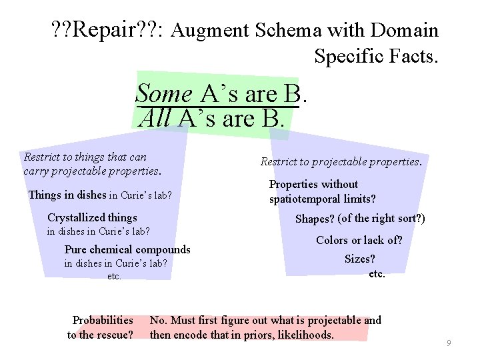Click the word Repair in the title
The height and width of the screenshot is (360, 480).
tap(101, 30)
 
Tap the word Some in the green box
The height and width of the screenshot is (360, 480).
tap(164, 94)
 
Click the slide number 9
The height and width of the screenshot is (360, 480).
tap(449, 343)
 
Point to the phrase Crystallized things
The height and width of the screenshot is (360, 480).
tap(92, 217)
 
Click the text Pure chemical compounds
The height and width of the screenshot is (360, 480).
tap(127, 249)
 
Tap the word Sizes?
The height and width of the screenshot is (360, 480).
tap(360, 259)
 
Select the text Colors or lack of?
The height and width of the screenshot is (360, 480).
tap(359, 240)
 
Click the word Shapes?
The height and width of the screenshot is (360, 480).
tap(315, 218)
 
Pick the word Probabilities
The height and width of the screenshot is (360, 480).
tap(103, 320)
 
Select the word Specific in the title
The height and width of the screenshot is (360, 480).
tap(355, 56)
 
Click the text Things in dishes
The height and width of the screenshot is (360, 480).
tap(67, 195)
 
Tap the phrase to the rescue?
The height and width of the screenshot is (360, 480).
tap(100, 334)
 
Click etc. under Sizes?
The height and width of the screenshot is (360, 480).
tap(377, 273)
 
